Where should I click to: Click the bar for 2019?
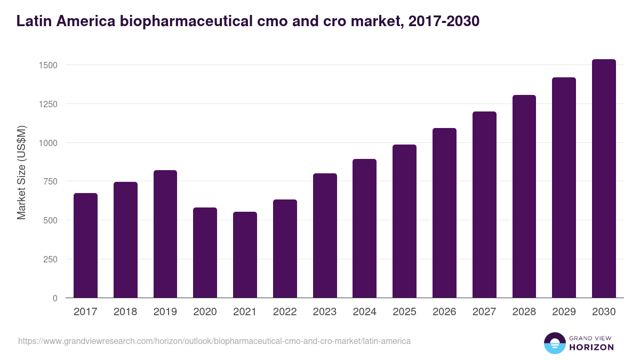(x=165, y=234)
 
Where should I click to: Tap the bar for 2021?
(x=245, y=255)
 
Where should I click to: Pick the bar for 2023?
(x=325, y=236)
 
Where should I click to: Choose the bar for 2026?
(x=444, y=213)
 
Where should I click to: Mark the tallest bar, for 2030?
(x=604, y=179)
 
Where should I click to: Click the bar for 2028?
(x=524, y=196)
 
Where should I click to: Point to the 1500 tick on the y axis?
(x=49, y=65)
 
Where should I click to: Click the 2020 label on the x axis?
(x=205, y=312)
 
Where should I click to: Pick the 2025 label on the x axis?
(x=404, y=312)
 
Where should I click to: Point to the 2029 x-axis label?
(x=564, y=312)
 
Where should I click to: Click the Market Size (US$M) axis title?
(x=21, y=172)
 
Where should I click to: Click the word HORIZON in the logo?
(x=591, y=347)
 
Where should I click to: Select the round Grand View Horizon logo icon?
(x=554, y=343)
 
